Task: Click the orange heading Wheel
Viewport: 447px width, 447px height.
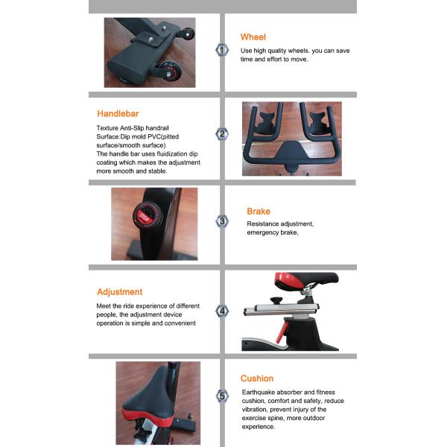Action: click(253, 37)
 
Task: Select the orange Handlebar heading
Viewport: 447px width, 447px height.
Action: click(118, 114)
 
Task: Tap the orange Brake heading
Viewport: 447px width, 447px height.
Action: click(259, 212)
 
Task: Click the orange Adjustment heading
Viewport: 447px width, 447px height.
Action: click(119, 292)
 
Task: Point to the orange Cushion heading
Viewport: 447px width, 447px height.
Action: click(256, 378)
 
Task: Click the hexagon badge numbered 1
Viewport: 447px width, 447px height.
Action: click(221, 50)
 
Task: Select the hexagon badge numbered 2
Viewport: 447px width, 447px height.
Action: click(221, 135)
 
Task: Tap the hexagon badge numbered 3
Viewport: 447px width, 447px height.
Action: click(221, 221)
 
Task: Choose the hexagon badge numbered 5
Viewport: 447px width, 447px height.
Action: click(221, 396)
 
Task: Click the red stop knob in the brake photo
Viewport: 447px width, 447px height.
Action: click(145, 217)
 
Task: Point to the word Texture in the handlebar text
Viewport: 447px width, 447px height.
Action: click(109, 128)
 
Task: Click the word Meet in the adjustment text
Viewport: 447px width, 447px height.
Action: click(105, 305)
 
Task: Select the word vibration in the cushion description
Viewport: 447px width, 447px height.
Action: click(256, 410)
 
